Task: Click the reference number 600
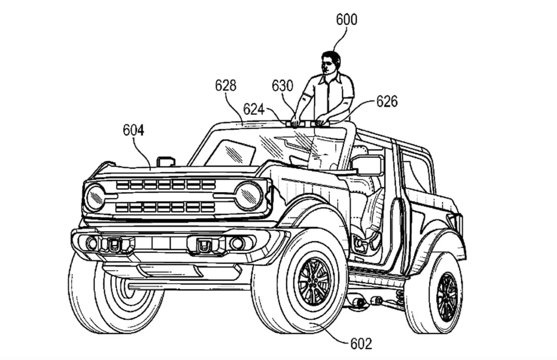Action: pos(346,20)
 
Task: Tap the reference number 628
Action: pos(226,85)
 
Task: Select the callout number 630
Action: pos(282,85)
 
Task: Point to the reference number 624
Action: pos(254,109)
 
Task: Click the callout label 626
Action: pos(387,101)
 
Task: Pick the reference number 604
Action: pos(134,130)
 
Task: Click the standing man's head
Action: pos(331,62)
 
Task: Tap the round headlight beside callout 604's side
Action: pos(95,197)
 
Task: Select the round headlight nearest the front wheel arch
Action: pos(248,196)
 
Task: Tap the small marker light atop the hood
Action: pos(165,162)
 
